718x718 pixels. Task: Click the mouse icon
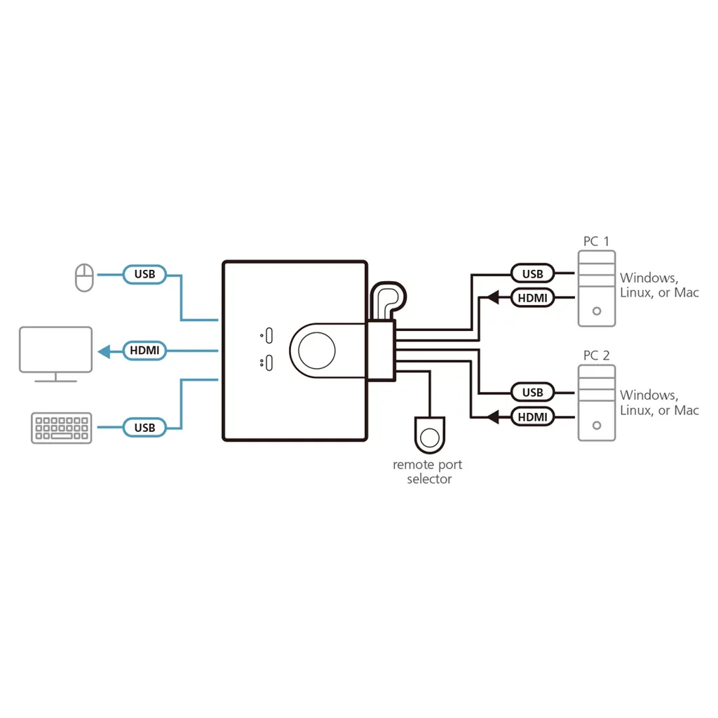[x=84, y=277]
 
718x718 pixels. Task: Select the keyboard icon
[x=62, y=428]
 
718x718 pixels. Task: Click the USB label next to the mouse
[x=144, y=274]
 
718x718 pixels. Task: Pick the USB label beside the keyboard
[x=144, y=427]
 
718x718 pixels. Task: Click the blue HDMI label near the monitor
[x=144, y=350]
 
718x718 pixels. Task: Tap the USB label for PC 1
[x=532, y=273]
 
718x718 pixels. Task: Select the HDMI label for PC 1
[x=532, y=298]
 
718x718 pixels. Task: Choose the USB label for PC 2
[x=532, y=392]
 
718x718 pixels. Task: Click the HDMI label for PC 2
[x=532, y=417]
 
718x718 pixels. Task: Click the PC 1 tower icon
[x=596, y=288]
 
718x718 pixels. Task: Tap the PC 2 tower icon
[x=596, y=403]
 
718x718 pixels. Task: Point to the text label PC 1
[x=596, y=241]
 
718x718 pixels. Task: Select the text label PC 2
[x=596, y=355]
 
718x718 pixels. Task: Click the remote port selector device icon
[x=429, y=435]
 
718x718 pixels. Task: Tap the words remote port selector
[x=428, y=472]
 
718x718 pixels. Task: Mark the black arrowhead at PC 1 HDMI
[x=493, y=298]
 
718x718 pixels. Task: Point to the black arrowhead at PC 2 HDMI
[x=493, y=417]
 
